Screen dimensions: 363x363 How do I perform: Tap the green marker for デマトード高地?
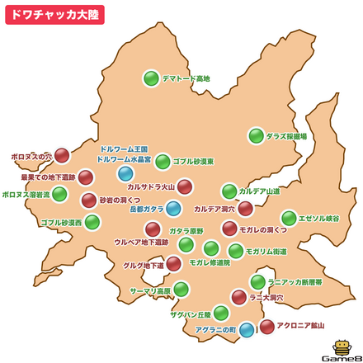point(151,78)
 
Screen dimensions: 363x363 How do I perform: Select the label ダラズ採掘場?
point(286,136)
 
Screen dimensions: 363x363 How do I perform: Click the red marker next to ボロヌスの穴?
point(62,155)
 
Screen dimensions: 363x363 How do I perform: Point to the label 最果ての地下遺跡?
point(48,177)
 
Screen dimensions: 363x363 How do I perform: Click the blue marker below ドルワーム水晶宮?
point(125,173)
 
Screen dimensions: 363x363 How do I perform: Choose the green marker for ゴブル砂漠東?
point(163,162)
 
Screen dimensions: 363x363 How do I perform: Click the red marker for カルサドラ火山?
point(185,186)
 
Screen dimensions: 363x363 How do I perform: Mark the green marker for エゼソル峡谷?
point(289,218)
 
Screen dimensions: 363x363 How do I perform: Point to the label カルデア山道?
point(260,191)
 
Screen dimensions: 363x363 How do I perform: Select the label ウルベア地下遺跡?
point(140,243)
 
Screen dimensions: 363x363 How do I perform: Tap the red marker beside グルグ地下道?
point(173,264)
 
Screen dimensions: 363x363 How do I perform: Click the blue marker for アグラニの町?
point(246,330)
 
